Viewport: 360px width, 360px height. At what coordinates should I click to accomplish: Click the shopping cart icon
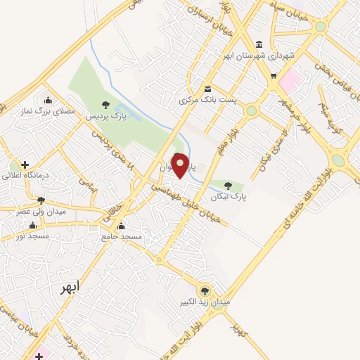click(274, 75)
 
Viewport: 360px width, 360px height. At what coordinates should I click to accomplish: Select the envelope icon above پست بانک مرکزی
click(207, 89)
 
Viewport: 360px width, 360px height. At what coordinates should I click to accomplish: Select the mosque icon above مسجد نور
click(32, 226)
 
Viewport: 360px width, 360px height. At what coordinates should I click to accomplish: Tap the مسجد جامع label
click(123, 237)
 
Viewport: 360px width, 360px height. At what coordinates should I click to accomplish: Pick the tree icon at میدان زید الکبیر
click(205, 290)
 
